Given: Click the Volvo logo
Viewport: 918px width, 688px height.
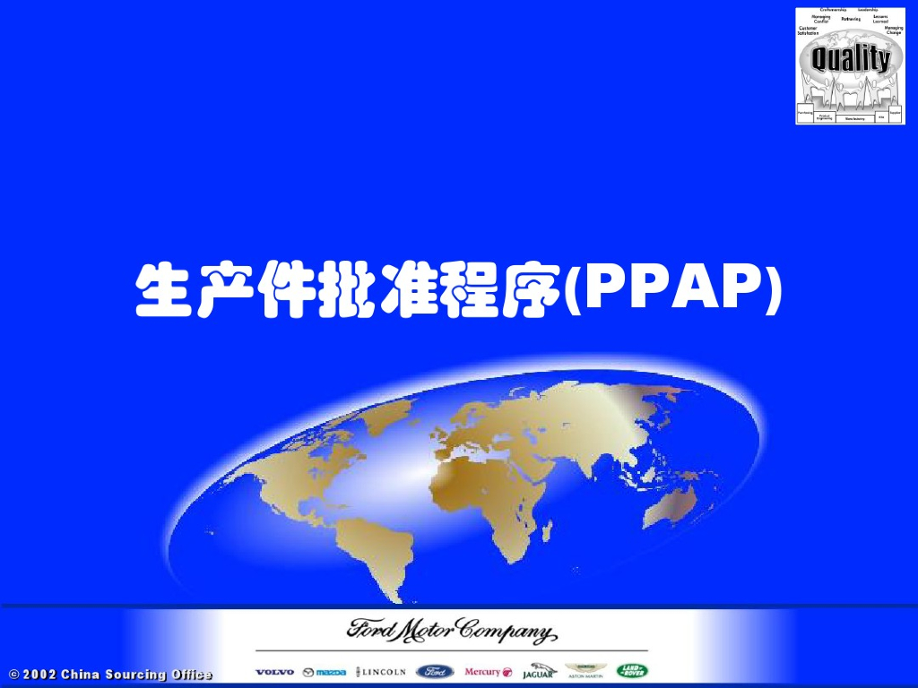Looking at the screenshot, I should [274, 672].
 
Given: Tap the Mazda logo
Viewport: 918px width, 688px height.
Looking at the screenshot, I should [324, 672].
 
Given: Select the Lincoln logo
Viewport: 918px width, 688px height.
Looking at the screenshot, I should [381, 671].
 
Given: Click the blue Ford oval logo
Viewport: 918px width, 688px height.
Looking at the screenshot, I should [435, 671].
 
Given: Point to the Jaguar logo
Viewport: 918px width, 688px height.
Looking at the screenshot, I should [539, 671].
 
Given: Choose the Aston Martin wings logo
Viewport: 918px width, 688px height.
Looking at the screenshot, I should [586, 671].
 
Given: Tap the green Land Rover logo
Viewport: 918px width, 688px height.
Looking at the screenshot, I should [632, 671].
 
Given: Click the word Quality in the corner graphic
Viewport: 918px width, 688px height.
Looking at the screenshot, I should [850, 60].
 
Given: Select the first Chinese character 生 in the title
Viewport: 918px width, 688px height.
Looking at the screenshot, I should [162, 289].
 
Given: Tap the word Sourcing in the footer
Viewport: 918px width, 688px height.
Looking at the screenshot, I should [138, 675].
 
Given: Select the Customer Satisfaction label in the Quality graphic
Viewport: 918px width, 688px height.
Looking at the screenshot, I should [808, 30].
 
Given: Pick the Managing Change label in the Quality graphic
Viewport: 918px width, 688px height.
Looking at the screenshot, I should [893, 30].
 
